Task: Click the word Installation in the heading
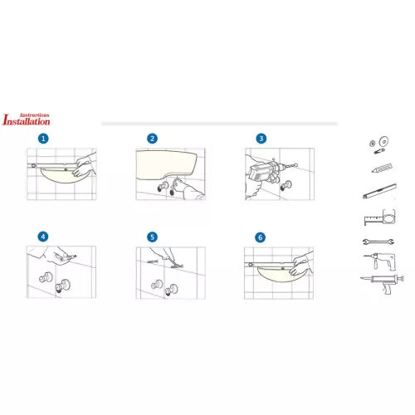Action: pyautogui.click(x=27, y=120)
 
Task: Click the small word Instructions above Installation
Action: pyautogui.click(x=35, y=115)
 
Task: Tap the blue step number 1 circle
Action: pyautogui.click(x=43, y=139)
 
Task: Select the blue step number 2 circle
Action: pyautogui.click(x=152, y=139)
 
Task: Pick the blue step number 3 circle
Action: pyautogui.click(x=261, y=139)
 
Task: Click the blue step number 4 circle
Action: pyautogui.click(x=43, y=237)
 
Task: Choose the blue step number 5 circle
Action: pyautogui.click(x=152, y=237)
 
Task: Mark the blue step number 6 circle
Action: pyautogui.click(x=260, y=237)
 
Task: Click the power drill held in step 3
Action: pyautogui.click(x=266, y=172)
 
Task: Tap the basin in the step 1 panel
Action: pyautogui.click(x=60, y=177)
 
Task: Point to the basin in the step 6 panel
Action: pyautogui.click(x=276, y=275)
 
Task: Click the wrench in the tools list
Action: pyautogui.click(x=378, y=242)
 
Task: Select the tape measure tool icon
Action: pyautogui.click(x=380, y=217)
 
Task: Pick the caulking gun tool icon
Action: pyautogui.click(x=383, y=284)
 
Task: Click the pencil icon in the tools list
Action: pyautogui.click(x=382, y=168)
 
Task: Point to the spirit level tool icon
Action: pyautogui.click(x=380, y=191)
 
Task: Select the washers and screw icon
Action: pyautogui.click(x=379, y=145)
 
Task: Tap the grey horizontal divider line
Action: pyautogui.click(x=220, y=124)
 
